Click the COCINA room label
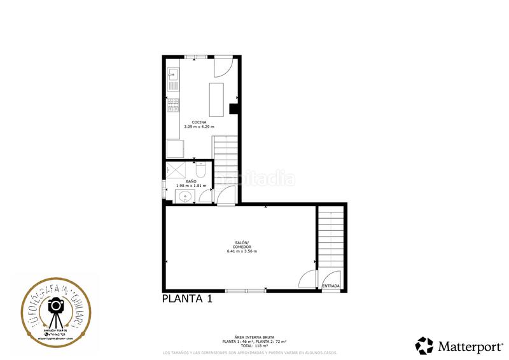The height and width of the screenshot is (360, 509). tap(199, 122)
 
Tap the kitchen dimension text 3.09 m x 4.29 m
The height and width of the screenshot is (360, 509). tap(199, 127)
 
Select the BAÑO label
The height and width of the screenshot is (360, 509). tap(183, 181)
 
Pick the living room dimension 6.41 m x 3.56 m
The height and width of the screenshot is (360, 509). tap(242, 251)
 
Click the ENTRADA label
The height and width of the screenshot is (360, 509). tap(331, 286)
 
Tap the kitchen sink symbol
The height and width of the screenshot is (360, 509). tap(172, 74)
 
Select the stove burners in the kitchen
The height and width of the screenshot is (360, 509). tap(172, 105)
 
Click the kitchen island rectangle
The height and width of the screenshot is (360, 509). tap(217, 99)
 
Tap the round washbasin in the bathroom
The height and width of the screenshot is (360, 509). tap(185, 196)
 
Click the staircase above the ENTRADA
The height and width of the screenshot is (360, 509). tap(330, 242)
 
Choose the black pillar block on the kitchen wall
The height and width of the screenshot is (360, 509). tap(234, 108)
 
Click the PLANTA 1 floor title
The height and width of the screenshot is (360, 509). tap(186, 299)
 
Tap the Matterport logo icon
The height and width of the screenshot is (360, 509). tap(424, 345)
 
